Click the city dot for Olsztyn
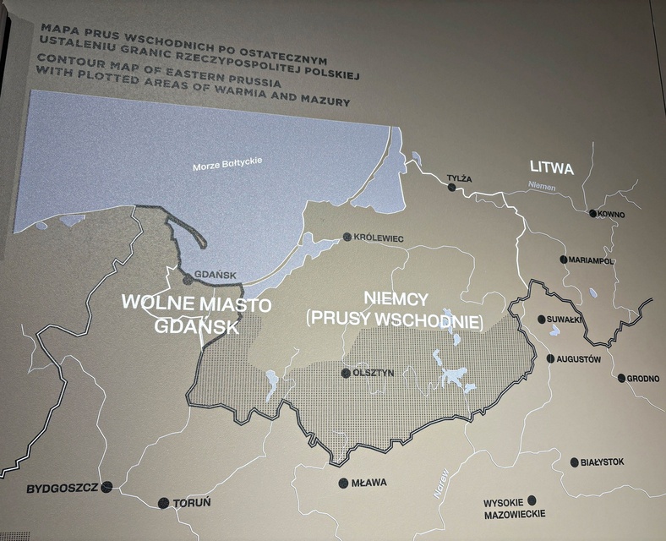[x=345, y=373]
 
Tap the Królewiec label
[x=379, y=238]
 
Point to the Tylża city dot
[x=451, y=188]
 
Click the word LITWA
[x=551, y=168]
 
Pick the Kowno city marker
[x=593, y=214]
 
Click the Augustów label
[x=579, y=359]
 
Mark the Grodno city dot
[x=621, y=378]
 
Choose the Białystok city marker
[x=575, y=462]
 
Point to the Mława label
[x=368, y=484]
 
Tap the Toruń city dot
[x=164, y=503]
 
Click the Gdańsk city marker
[x=188, y=277]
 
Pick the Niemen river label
[x=542, y=186]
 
